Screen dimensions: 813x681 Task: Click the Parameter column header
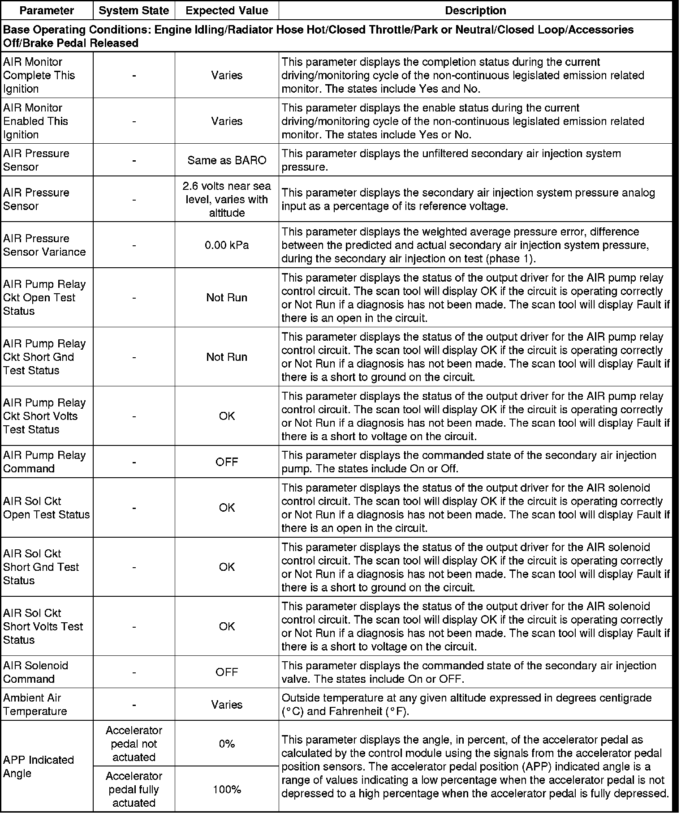47,10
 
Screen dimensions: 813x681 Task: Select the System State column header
134,10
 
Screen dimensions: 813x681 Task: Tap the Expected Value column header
227,10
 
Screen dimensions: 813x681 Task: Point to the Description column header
475,10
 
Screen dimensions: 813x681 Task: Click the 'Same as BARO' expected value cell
227,160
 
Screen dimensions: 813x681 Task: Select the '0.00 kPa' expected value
227,245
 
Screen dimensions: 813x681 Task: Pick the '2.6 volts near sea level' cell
227,199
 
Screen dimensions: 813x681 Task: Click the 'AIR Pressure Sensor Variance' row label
44,245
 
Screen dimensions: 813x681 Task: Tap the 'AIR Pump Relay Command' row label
44,462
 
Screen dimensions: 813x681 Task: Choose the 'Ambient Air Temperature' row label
35,705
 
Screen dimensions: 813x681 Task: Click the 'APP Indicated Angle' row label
39,767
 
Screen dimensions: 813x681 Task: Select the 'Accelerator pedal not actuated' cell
134,744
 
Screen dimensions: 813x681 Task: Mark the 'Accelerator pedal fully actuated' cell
134,789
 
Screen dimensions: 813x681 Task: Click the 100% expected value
227,790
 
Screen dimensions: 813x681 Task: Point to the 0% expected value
227,744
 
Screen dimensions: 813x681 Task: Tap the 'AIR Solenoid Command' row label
36,672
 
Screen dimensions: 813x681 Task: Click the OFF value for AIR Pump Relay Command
227,462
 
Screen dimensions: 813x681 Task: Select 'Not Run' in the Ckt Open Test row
227,298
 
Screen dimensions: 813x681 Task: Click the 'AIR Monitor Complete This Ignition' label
39,75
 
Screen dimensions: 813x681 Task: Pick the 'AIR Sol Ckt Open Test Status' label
46,508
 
